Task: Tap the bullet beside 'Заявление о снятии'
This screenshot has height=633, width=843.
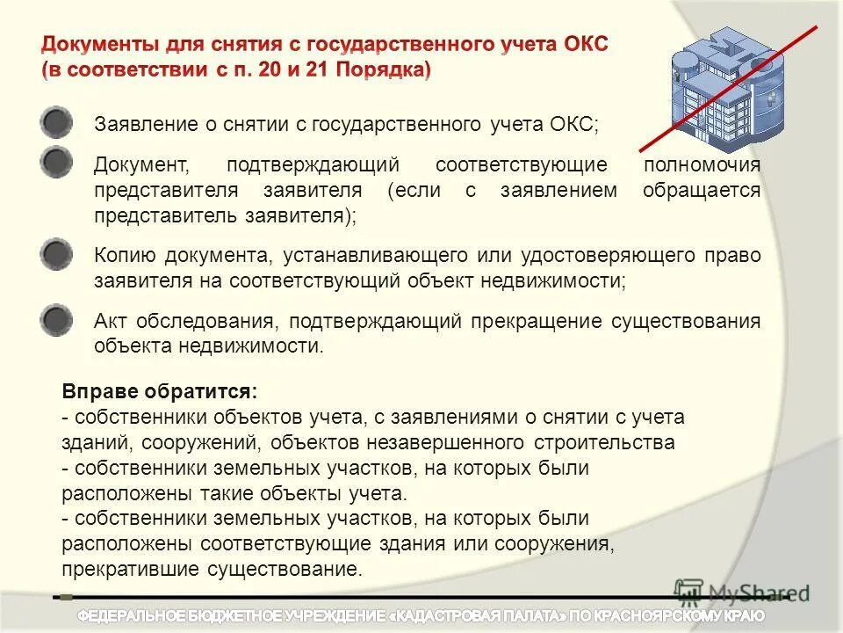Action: point(56,123)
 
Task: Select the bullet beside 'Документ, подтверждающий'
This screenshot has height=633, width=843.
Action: point(56,164)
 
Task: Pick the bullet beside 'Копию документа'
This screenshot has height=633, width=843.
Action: point(56,255)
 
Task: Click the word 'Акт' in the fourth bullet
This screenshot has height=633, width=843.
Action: point(110,321)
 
